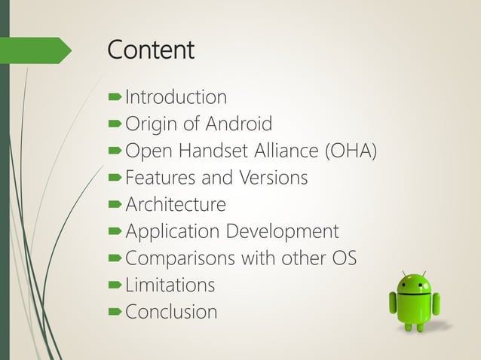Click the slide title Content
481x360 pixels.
151,50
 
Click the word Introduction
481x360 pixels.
176,97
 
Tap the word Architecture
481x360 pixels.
175,204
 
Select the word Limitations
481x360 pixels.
170,285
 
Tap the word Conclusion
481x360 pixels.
171,311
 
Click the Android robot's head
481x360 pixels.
414,284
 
